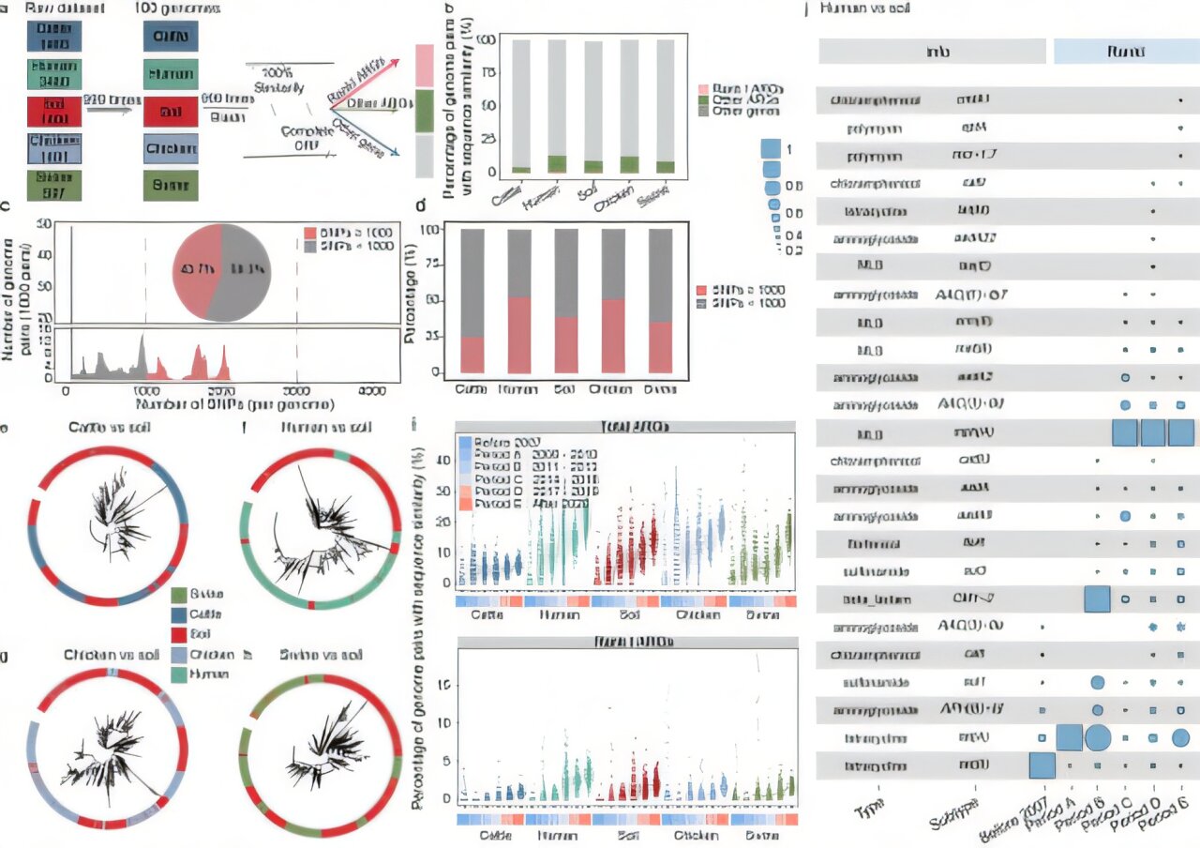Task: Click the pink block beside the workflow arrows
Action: (423, 67)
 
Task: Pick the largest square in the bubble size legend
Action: (772, 148)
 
